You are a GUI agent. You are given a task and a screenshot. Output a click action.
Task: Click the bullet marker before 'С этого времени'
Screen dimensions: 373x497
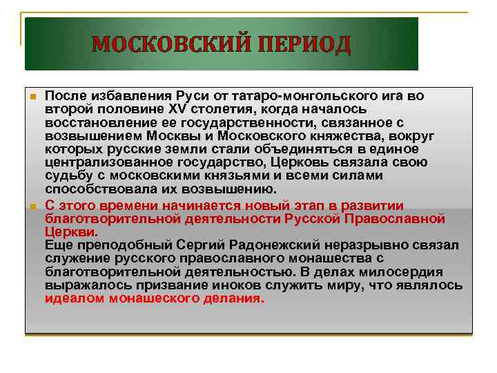(32, 207)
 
